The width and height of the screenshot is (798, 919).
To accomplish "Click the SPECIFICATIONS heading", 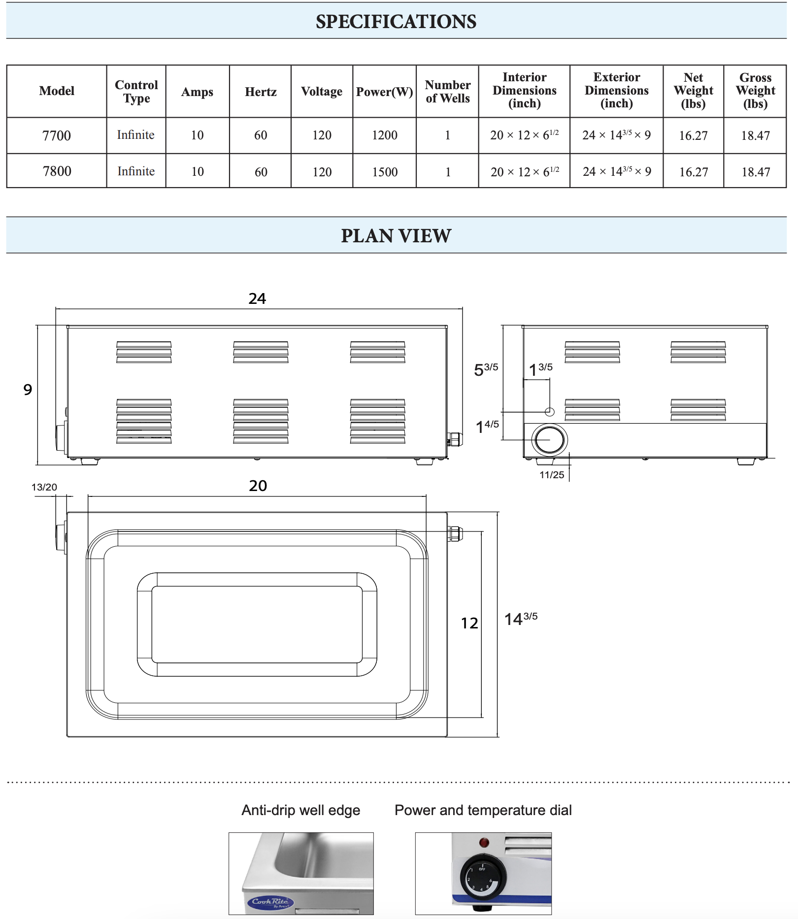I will tap(396, 22).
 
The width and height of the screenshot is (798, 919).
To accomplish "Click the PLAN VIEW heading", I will tap(396, 236).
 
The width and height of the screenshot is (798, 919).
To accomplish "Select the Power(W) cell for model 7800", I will tap(385, 172).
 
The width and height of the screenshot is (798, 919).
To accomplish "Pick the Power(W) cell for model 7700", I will tap(384, 135).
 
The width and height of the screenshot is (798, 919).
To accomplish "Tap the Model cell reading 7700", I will tap(57, 135).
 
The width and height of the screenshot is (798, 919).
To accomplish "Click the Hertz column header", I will tap(261, 92).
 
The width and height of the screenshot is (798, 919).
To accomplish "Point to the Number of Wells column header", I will tap(447, 92).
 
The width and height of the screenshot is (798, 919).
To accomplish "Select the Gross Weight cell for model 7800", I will tap(756, 172).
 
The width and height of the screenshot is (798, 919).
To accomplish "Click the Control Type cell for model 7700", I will tap(136, 135).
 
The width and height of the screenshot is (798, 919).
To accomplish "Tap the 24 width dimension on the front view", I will tap(257, 298).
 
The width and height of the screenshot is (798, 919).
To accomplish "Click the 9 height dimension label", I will tap(28, 390).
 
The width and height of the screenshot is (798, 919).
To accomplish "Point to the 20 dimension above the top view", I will tap(258, 486).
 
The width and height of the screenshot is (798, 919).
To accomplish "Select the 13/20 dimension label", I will tap(44, 487).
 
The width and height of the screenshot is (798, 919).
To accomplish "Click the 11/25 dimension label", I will tap(552, 475).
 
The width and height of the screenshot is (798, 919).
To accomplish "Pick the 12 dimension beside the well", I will tap(469, 624).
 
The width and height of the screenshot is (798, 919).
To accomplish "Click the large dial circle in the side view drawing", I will tap(549, 440).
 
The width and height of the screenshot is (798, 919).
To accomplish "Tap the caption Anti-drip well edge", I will tap(300, 810).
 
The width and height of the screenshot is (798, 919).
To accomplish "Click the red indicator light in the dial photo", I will tap(484, 842).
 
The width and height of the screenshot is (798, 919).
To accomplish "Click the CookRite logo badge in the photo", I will tap(270, 902).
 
